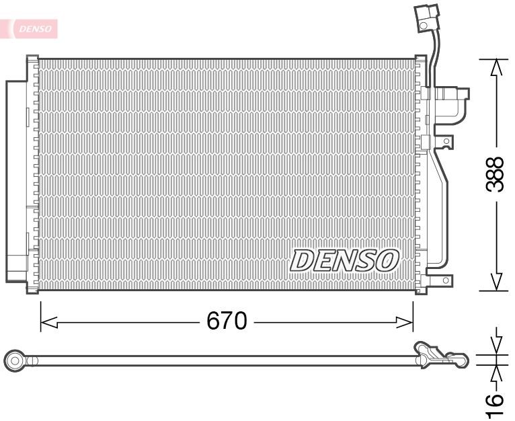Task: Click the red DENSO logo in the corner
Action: tap(34, 28)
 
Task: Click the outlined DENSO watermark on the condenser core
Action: tap(345, 260)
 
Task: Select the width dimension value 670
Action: tap(227, 321)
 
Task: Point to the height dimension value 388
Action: tap(495, 174)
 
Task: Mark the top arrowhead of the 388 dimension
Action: tap(496, 67)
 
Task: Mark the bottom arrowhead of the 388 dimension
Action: tap(496, 282)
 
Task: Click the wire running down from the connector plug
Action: tap(433, 57)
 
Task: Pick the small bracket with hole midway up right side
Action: tap(445, 142)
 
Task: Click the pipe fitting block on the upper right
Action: tap(452, 95)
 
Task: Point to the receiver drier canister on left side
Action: tap(16, 182)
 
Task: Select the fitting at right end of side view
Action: tap(440, 355)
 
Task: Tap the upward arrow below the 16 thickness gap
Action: tap(496, 374)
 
